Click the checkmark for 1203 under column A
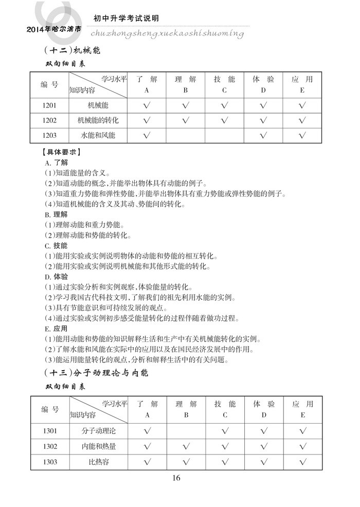147,136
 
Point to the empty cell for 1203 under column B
185,136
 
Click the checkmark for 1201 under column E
302,105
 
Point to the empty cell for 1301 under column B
186,430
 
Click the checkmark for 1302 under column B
186,446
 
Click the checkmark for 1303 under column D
263,462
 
